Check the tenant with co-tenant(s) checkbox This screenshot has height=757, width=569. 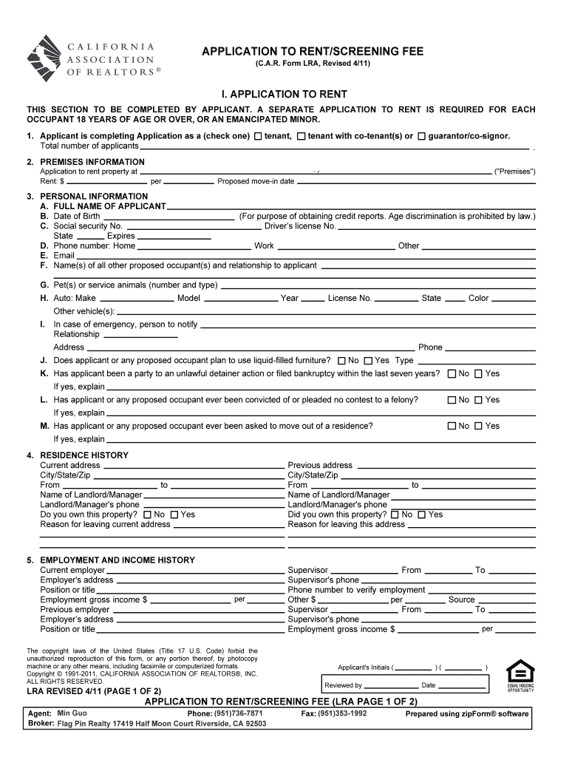point(301,137)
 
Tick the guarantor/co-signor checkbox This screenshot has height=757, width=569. point(421,137)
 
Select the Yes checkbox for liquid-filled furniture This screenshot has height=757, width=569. point(368,361)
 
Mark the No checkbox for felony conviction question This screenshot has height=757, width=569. point(452,400)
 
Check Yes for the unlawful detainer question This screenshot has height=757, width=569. point(478,374)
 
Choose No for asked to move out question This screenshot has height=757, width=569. point(452,426)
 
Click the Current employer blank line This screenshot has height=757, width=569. point(195,571)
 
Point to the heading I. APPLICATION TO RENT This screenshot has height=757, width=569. point(284,95)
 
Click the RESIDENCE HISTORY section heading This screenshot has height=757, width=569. point(84,455)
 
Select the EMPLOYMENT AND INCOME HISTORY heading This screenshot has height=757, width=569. point(117,560)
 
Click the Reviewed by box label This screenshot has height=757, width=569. point(344,685)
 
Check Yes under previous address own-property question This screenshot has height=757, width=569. point(421,515)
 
